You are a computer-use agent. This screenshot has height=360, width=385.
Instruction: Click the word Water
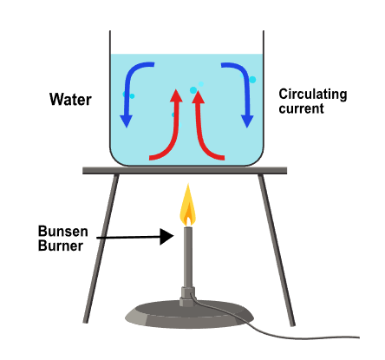click(x=70, y=100)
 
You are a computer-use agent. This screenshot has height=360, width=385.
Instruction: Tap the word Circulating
click(x=313, y=95)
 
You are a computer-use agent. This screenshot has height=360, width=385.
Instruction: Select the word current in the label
click(x=301, y=108)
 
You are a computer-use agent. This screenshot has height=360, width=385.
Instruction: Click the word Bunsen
click(x=63, y=232)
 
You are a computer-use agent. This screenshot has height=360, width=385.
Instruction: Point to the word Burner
click(x=61, y=245)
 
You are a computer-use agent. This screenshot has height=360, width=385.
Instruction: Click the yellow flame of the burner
click(x=187, y=205)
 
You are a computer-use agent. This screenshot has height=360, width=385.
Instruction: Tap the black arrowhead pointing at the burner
click(x=166, y=237)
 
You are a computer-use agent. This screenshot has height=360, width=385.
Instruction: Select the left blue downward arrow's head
click(x=127, y=121)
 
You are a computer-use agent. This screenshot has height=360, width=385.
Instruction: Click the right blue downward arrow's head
click(x=247, y=121)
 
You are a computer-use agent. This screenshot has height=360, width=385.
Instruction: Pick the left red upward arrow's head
click(x=176, y=95)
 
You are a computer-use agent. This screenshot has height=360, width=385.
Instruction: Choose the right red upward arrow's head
click(x=198, y=96)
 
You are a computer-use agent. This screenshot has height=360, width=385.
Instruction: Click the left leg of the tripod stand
click(x=101, y=248)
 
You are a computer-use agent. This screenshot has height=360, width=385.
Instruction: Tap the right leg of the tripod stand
click(x=277, y=250)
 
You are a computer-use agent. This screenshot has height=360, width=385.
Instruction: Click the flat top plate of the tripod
click(x=185, y=171)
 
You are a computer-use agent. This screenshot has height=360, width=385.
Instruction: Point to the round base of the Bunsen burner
click(x=189, y=314)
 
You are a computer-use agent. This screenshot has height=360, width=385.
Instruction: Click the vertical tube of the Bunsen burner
click(x=188, y=257)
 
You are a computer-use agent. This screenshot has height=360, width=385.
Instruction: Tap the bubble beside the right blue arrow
click(x=252, y=79)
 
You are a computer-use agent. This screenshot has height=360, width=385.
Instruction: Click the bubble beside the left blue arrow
click(x=132, y=96)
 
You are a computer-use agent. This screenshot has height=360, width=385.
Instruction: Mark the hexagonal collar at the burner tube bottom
click(x=188, y=297)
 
